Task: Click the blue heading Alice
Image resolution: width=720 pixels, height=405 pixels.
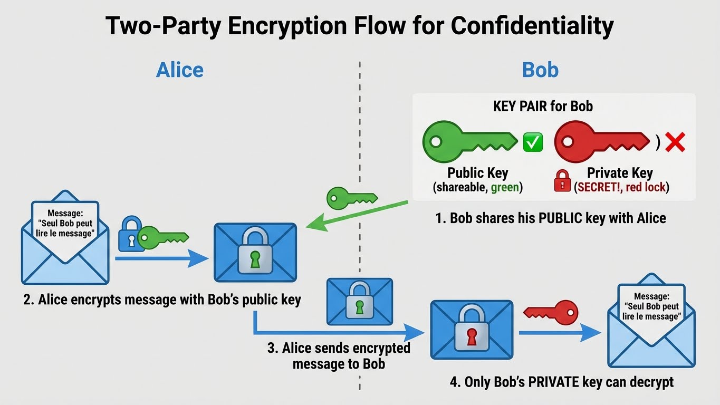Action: point(179,70)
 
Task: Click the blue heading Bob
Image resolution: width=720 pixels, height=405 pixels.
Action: point(540,70)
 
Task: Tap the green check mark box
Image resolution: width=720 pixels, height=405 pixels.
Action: point(533,142)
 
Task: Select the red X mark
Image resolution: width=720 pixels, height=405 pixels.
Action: point(675,142)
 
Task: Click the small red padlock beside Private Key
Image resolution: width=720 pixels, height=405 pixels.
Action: point(562,180)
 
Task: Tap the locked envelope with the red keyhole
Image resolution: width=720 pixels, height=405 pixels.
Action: point(471,330)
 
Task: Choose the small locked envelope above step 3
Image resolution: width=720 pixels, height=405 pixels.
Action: point(359,301)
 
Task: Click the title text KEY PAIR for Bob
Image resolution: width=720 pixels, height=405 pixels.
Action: point(543,106)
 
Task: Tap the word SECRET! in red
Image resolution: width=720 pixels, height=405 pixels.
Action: point(598,186)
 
